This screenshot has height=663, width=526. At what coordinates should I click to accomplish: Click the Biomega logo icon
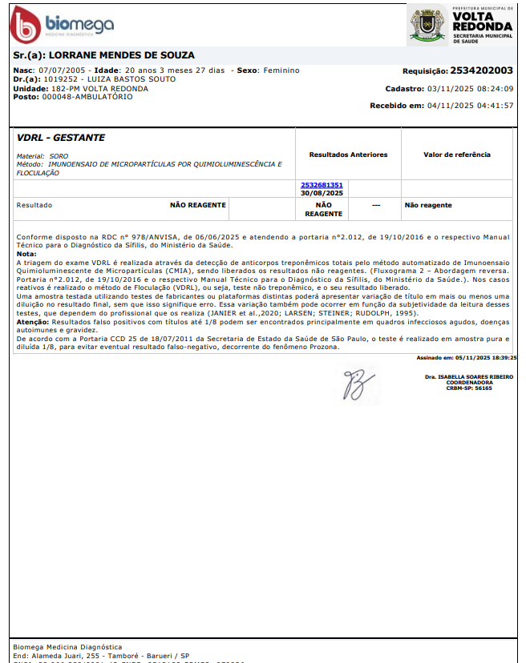pyautogui.click(x=25, y=25)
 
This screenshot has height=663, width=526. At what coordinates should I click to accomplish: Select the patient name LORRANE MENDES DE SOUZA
pyautogui.click(x=122, y=55)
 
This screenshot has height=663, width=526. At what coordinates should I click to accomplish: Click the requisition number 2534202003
pyautogui.click(x=482, y=70)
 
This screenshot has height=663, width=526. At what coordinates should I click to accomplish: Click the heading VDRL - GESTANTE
pyautogui.click(x=61, y=138)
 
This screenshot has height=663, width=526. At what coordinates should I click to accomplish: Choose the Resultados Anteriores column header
pyautogui.click(x=348, y=155)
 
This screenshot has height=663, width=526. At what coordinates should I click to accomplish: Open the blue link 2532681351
pyautogui.click(x=322, y=185)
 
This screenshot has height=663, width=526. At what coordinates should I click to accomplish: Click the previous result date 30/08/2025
pyautogui.click(x=322, y=193)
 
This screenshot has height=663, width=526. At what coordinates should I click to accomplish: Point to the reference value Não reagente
pyautogui.click(x=428, y=205)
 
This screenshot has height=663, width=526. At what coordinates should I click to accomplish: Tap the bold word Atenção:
pyautogui.click(x=32, y=320)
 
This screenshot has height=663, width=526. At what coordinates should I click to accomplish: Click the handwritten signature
pyautogui.click(x=354, y=383)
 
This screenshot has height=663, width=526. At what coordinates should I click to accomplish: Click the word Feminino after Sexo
pyautogui.click(x=281, y=70)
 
